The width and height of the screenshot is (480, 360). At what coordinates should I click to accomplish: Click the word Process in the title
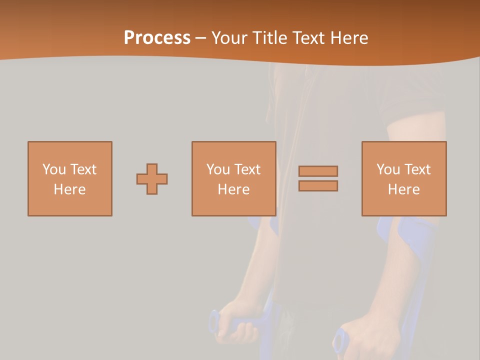pyautogui.click(x=157, y=38)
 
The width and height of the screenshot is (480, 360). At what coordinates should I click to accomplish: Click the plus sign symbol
pyautogui.click(x=152, y=179)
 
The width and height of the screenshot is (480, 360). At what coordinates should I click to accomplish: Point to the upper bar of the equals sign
pyautogui.click(x=318, y=171)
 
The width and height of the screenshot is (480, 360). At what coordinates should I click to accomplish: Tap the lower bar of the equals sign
pyautogui.click(x=318, y=186)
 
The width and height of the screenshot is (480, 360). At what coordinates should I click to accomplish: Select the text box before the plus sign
pyautogui.click(x=70, y=178)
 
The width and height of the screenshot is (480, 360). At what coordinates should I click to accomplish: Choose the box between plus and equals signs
pyautogui.click(x=234, y=178)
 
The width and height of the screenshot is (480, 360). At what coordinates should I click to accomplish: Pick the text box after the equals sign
pyautogui.click(x=404, y=178)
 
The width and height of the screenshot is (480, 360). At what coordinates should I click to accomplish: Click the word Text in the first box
pyautogui.click(x=83, y=169)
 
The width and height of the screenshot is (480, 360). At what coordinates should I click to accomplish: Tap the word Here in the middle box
pyautogui.click(x=234, y=189)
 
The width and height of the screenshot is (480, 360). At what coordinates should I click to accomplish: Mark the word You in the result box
pyautogui.click(x=388, y=169)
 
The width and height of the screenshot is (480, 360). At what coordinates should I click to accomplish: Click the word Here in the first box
pyautogui.click(x=70, y=189)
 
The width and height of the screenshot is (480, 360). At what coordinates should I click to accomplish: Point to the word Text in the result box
pyautogui.click(x=417, y=169)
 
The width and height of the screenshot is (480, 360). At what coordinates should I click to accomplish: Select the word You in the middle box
pyautogui.click(x=218, y=169)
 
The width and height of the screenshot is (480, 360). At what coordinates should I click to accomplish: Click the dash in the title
pyautogui.click(x=200, y=38)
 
